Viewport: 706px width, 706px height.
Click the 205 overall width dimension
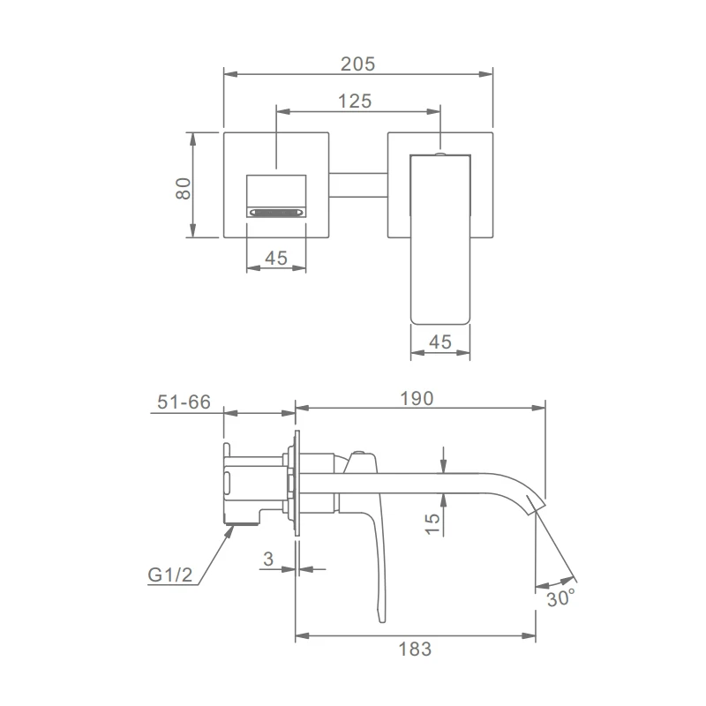[x=357, y=64]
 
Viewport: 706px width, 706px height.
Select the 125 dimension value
[x=355, y=101]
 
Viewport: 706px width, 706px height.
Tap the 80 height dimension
[x=184, y=189]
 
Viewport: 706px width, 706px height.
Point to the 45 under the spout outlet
[x=276, y=258]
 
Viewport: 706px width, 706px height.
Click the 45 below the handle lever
[x=439, y=342]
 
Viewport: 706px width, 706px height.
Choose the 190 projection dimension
[x=417, y=399]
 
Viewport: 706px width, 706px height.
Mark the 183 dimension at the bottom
[x=415, y=650]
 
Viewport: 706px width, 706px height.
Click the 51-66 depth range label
[x=184, y=402]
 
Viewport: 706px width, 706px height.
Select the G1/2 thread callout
[x=169, y=575]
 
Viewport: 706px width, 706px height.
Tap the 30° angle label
[x=561, y=598]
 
